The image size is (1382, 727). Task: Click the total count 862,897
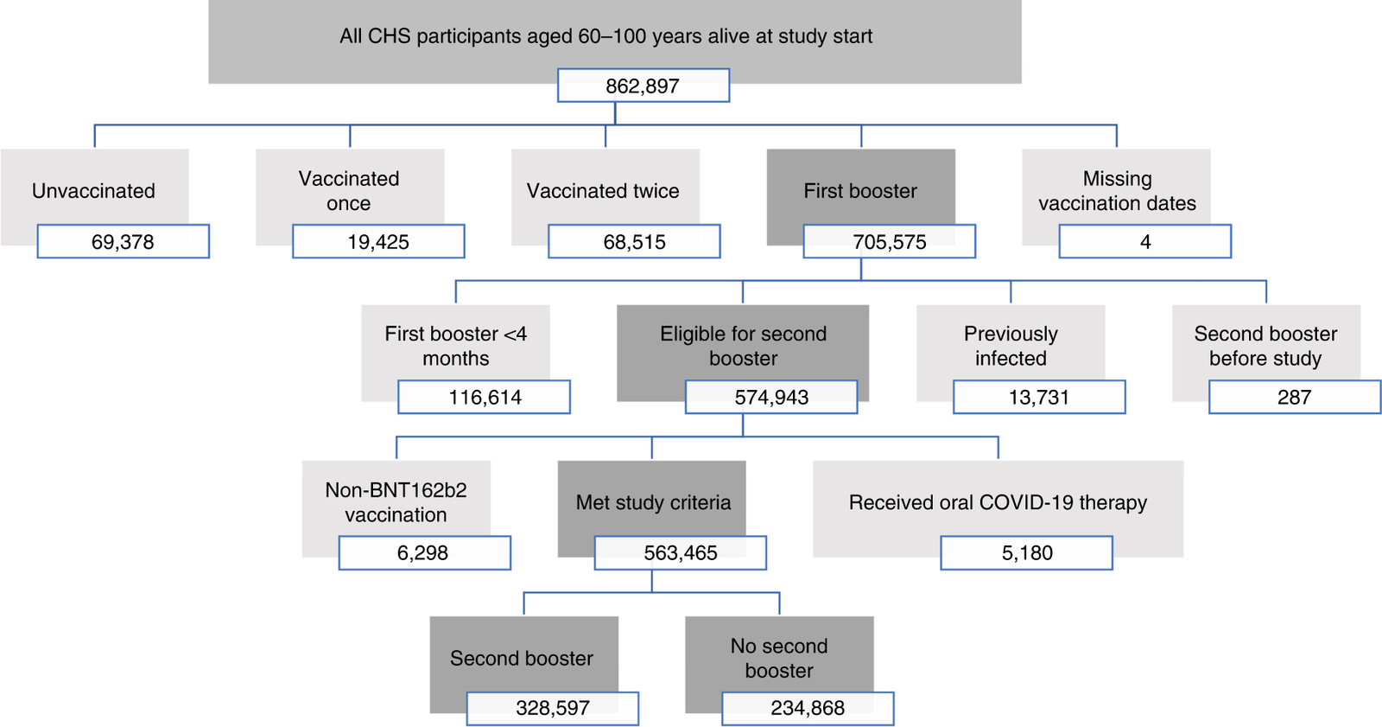(643, 86)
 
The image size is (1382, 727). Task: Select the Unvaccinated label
(94, 191)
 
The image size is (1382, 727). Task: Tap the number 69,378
(123, 241)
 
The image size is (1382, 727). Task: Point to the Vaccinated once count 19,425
(378, 241)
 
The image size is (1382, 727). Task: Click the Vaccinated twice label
(603, 191)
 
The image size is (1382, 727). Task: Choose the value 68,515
(634, 241)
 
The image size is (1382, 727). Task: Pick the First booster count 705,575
(889, 241)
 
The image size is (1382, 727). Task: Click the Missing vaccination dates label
(1118, 191)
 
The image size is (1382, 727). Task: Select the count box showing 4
(1145, 241)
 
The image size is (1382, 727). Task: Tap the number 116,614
(485, 397)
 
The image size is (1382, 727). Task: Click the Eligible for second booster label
(743, 346)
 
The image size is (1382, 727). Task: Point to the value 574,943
(771, 397)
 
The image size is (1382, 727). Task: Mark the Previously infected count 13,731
(1039, 397)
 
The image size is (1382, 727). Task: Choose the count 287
(1295, 397)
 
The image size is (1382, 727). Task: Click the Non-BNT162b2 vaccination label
(396, 502)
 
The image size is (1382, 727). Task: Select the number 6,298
(424, 553)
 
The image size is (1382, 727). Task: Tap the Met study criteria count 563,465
(681, 553)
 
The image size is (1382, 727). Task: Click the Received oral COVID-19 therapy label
(998, 503)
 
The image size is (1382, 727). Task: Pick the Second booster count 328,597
(553, 708)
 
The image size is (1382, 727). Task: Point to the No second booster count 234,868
(808, 708)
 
